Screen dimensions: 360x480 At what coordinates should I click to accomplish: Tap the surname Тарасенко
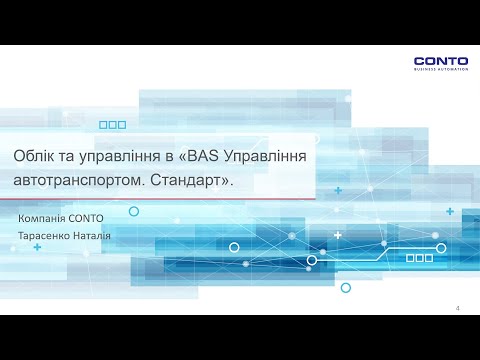coord(45,236)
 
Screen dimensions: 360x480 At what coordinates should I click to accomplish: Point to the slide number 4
coord(457,307)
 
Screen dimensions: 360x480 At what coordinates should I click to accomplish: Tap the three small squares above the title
coord(114,125)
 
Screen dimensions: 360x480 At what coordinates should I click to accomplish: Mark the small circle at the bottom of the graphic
coord(346,287)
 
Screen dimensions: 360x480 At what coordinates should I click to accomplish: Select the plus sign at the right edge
coord(450,212)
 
